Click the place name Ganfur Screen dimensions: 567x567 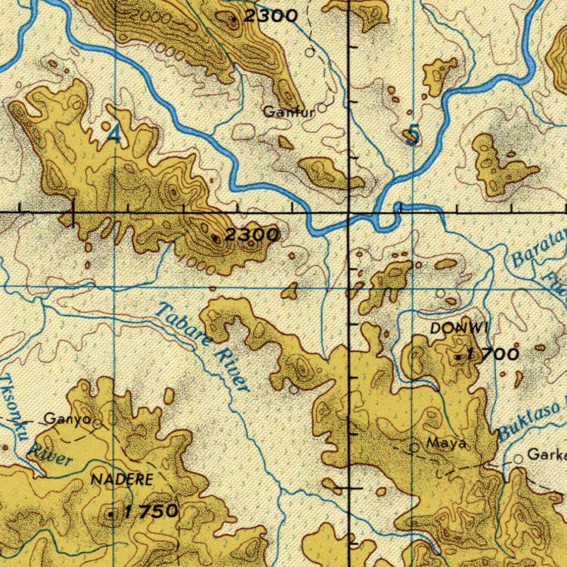(x=288, y=112)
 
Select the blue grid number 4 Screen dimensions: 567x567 (x=113, y=133)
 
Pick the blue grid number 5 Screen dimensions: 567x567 (x=411, y=135)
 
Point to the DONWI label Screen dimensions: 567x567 (x=460, y=328)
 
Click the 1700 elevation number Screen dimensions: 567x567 (x=493, y=354)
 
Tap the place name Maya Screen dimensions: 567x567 (x=446, y=444)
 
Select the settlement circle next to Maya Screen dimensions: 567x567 (x=414, y=447)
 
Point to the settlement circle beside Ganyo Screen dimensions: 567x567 (x=97, y=425)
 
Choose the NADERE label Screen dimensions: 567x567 (x=121, y=480)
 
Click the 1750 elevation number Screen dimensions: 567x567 (x=151, y=511)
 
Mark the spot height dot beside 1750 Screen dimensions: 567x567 (x=111, y=514)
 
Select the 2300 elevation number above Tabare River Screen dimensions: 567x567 (x=252, y=235)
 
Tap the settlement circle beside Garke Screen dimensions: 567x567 (x=518, y=459)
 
